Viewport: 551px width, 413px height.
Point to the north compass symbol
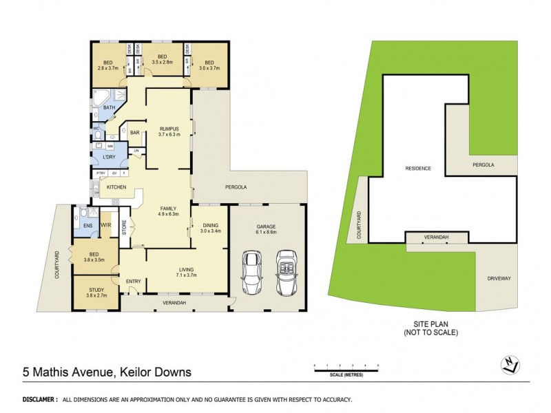click(x=508, y=366)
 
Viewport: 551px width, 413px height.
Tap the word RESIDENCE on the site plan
click(x=417, y=168)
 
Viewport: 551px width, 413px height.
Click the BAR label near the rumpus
click(x=135, y=131)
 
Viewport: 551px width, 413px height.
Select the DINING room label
click(x=210, y=227)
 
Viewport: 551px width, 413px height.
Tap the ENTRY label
click(x=133, y=281)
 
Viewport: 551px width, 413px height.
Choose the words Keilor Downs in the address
click(x=154, y=372)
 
